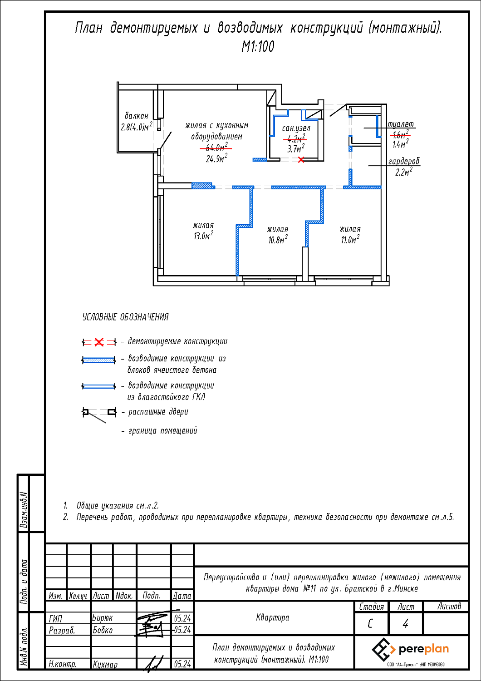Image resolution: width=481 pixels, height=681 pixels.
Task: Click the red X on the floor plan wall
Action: (301, 159)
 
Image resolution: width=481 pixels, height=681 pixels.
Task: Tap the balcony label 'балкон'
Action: (136, 116)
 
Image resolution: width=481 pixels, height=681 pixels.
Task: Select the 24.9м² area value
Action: (216, 158)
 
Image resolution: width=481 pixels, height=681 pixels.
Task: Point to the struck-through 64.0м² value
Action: (216, 148)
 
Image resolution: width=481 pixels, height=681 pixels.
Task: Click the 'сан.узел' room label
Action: (296, 128)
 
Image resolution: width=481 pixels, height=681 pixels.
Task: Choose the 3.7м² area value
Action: (295, 148)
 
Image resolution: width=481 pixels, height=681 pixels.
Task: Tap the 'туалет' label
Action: (401, 124)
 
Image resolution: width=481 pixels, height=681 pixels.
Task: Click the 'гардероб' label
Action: (404, 161)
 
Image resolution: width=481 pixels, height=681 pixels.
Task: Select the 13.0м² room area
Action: (203, 236)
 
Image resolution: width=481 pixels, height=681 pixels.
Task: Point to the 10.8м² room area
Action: (277, 240)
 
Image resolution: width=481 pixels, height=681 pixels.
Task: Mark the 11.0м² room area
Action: (350, 240)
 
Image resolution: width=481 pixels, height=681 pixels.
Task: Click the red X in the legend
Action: (99, 342)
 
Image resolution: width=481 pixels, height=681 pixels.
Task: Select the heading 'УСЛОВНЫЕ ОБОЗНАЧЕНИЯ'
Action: (125, 317)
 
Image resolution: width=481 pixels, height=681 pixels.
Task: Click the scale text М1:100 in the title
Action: (258, 46)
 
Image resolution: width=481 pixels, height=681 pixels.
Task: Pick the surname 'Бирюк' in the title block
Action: (103, 618)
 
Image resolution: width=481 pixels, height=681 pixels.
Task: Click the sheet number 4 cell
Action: (406, 624)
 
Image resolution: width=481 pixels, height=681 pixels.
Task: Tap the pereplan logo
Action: (411, 650)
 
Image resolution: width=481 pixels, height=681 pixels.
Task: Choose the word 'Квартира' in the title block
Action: (272, 617)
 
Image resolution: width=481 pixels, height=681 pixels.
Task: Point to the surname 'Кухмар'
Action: (105, 664)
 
